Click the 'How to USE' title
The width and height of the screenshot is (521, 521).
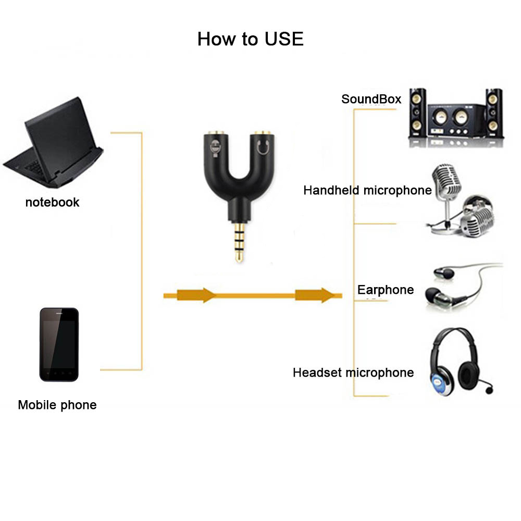click(250, 39)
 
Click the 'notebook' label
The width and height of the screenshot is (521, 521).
click(52, 202)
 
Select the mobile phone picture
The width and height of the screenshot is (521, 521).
click(59, 344)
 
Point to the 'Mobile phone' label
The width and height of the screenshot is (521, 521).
click(57, 405)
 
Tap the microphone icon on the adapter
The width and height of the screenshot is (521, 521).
click(214, 149)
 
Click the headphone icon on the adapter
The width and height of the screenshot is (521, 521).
click(264, 148)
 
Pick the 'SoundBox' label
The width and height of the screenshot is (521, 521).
click(371, 98)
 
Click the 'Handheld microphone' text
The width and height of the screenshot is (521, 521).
click(367, 190)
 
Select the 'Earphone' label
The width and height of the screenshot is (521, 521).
click(386, 290)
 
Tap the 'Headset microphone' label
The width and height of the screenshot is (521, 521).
click(353, 373)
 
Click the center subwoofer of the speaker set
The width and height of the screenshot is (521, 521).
click(455, 120)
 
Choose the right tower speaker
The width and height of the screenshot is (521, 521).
click(494, 112)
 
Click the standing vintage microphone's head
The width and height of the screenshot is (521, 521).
click(446, 180)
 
